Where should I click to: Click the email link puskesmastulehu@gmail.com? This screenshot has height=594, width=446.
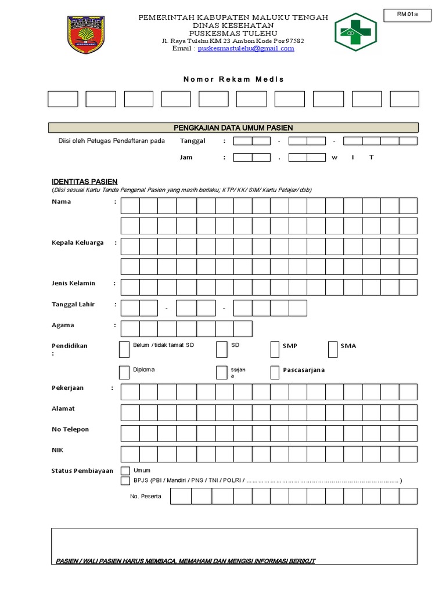(246, 49)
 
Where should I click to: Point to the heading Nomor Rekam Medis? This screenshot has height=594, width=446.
(233, 79)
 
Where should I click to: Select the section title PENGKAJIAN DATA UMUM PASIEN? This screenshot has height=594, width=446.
(233, 128)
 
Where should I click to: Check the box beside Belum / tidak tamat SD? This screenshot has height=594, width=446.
(124, 349)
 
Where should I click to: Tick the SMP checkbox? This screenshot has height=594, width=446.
(275, 349)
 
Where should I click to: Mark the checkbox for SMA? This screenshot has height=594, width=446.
(333, 349)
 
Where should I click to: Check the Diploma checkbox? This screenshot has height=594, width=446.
(124, 372)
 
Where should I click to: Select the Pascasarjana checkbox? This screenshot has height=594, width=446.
(275, 372)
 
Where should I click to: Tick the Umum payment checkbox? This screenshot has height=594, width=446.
(125, 470)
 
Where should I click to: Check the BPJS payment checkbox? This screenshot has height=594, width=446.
(125, 481)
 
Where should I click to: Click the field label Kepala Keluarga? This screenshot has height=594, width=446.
(78, 243)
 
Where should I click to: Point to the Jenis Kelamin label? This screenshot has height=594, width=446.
(74, 284)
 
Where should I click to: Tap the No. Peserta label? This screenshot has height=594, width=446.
(146, 497)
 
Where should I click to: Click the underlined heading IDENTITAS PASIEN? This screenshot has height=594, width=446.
(84, 182)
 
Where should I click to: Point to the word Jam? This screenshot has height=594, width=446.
(186, 157)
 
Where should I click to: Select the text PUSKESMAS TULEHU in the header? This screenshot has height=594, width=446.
(233, 34)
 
